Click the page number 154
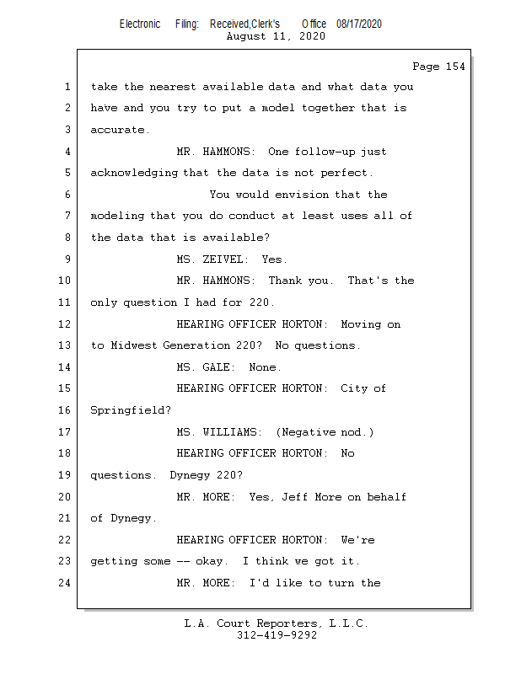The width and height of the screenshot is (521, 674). point(454,67)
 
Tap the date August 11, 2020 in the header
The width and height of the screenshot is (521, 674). point(276,36)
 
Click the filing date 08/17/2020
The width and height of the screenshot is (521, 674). point(358,24)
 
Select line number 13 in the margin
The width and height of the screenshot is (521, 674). point(67,345)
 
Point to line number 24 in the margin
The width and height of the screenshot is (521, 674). point(67,583)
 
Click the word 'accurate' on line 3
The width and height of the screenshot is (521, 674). point(120,130)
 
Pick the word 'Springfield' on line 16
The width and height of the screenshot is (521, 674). point(130,410)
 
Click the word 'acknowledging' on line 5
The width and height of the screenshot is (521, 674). point(133,173)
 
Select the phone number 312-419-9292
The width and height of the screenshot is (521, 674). point(277,636)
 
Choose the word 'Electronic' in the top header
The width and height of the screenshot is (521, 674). point(140,24)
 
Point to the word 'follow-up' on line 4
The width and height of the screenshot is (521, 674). point(328,152)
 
